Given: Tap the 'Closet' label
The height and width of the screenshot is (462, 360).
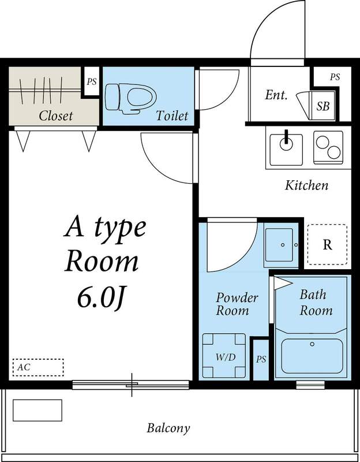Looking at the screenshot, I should [55, 115].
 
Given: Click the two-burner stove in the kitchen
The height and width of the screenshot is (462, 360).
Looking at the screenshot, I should [328, 146].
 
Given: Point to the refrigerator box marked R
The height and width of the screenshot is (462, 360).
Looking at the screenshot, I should [327, 245].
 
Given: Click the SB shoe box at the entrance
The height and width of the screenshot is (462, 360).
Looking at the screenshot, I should [323, 106].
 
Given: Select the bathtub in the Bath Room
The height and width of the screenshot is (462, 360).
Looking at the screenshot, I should [312, 356].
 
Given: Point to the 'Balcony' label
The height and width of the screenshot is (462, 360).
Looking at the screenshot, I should [168, 429].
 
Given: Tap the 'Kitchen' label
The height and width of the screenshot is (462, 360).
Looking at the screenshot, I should [306, 185].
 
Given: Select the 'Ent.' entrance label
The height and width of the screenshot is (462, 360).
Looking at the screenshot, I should [276, 95].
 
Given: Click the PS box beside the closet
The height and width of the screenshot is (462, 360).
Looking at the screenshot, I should [91, 82].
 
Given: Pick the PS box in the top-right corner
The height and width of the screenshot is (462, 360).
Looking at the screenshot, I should [335, 77].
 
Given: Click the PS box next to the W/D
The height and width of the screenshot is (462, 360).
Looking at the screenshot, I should [261, 359].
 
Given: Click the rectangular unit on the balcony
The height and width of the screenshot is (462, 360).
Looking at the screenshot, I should [37, 410].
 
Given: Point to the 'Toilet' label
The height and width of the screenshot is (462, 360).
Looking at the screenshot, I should [172, 115].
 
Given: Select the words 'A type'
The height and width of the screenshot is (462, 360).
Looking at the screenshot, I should [104, 228].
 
